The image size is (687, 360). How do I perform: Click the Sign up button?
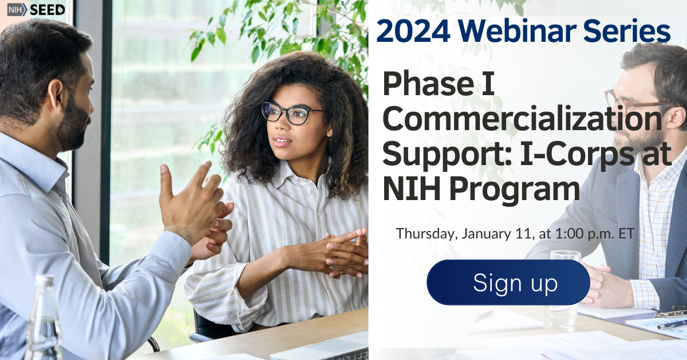[x=508, y=283]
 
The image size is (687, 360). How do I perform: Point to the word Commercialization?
[x=522, y=120]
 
